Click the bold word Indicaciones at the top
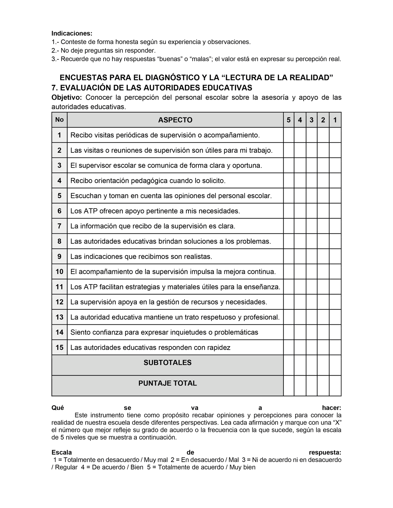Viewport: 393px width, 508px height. click(x=72, y=33)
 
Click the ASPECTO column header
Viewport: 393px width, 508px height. click(x=175, y=120)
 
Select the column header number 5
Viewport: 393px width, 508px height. click(x=289, y=120)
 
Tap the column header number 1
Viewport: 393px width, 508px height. click(x=335, y=120)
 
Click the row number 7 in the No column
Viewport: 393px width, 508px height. click(x=59, y=226)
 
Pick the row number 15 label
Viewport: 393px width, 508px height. click(x=59, y=347)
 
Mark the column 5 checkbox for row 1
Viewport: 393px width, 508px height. click(x=289, y=135)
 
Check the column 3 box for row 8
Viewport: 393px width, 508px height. click(x=311, y=241)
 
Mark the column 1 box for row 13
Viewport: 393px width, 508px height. click(x=335, y=317)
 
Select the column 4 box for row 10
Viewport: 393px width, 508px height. click(x=300, y=272)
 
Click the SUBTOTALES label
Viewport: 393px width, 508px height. click(x=168, y=363)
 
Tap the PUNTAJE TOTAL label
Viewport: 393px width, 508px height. click(x=168, y=383)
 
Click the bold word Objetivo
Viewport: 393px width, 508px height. click(x=67, y=98)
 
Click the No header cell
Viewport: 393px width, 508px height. click(x=59, y=120)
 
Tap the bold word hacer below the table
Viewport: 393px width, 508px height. click(x=331, y=408)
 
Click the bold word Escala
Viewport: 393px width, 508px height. click(x=62, y=452)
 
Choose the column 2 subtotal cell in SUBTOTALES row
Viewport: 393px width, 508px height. click(x=323, y=365)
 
